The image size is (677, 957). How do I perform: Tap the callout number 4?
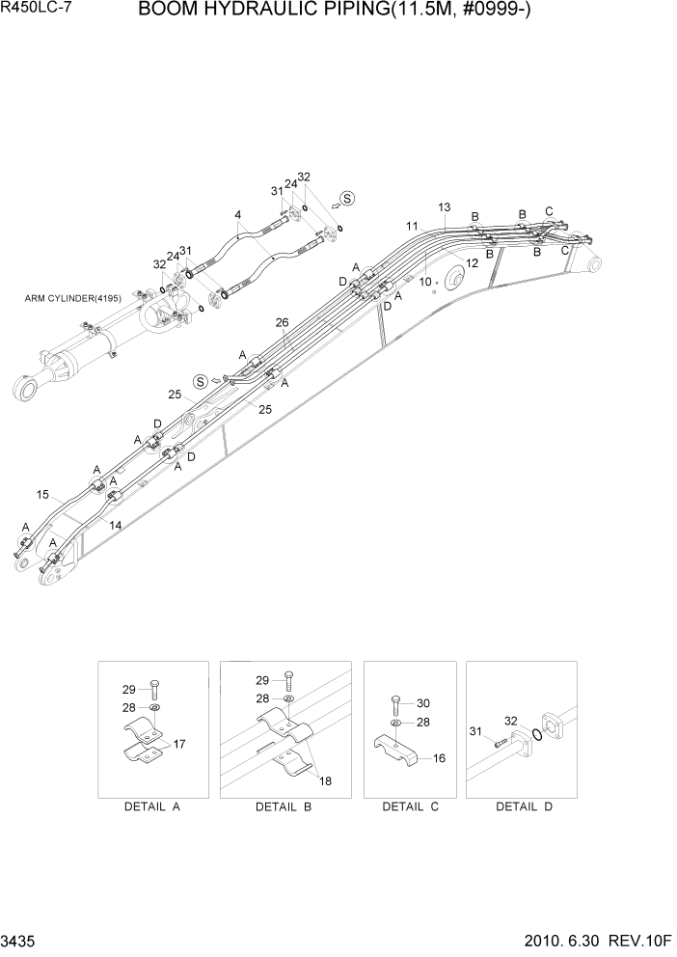(x=237, y=214)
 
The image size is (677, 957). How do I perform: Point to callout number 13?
(x=444, y=207)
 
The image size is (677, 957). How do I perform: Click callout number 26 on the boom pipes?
(x=282, y=322)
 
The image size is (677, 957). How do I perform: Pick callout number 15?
(x=42, y=495)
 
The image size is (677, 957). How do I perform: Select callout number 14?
(x=115, y=526)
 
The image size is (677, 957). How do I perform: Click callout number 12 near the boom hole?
(x=472, y=263)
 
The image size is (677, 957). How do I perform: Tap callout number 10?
(x=424, y=282)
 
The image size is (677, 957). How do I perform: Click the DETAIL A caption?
(x=152, y=807)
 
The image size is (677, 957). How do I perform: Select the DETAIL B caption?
(x=283, y=807)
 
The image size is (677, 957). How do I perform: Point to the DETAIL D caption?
(x=524, y=807)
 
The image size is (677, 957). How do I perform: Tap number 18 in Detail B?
(x=325, y=780)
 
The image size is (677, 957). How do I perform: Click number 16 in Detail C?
(x=439, y=758)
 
